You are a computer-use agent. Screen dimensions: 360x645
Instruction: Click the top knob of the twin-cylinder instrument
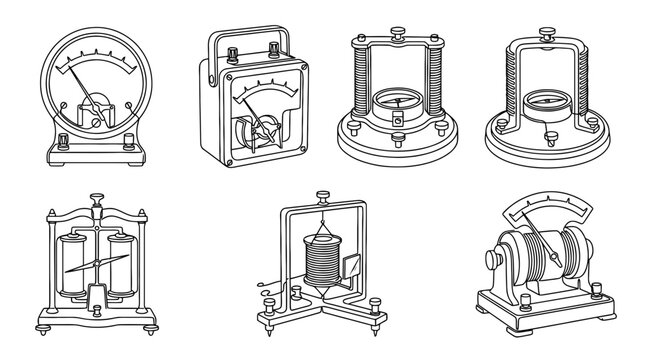pyautogui.click(x=96, y=200)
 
